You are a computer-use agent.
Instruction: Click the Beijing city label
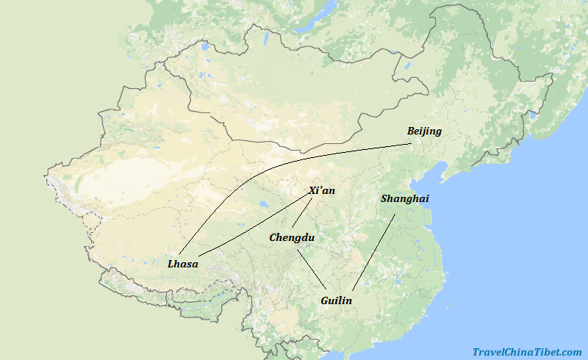coord(424,132)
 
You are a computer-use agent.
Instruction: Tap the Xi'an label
coord(322,190)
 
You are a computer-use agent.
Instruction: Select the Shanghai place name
coord(404,198)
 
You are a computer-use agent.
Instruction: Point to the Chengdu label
coord(292,237)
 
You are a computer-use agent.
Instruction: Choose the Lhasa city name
coord(183,264)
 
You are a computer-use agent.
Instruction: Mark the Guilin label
coord(336,300)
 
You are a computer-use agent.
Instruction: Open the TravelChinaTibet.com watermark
coord(527,352)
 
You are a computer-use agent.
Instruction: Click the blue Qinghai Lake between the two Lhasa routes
coord(262,204)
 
